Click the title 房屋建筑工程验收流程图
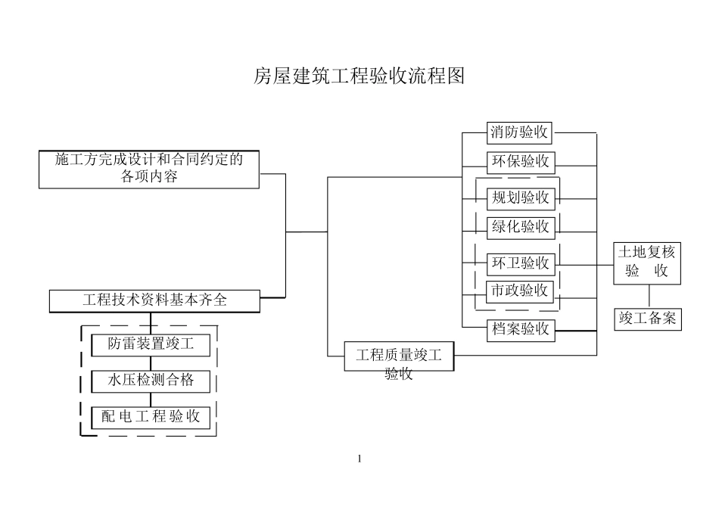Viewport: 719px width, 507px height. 359,76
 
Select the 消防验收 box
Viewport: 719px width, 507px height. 519,133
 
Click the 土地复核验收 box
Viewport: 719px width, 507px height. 646,263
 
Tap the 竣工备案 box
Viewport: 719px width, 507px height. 647,319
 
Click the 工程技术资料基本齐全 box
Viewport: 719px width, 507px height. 154,300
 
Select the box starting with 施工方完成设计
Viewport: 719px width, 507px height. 149,169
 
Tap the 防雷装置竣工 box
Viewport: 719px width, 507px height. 151,344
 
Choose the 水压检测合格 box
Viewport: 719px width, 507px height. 151,381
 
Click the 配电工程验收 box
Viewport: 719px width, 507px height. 151,417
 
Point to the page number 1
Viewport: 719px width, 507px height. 359,458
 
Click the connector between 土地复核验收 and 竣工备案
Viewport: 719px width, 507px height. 649,296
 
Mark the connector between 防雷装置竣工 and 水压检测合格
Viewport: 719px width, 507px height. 151,362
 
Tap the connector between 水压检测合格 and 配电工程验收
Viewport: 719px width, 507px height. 151,399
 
